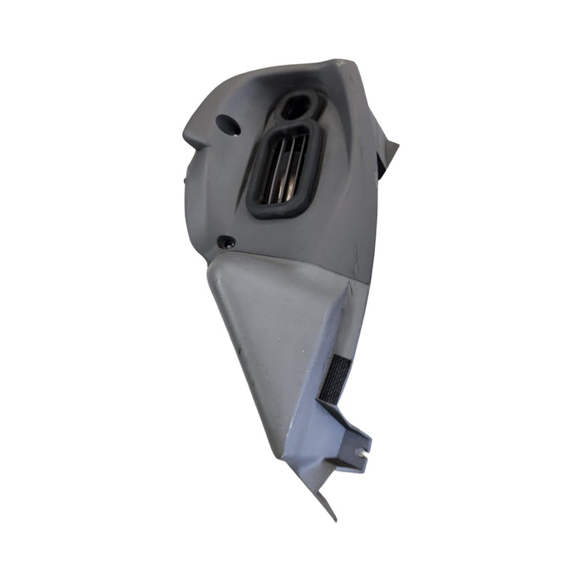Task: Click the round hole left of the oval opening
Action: [227, 126]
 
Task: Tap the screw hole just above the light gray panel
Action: [225, 243]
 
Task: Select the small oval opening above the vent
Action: [298, 106]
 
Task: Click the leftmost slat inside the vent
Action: [269, 170]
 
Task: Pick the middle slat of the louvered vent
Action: [283, 169]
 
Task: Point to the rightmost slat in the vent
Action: [297, 166]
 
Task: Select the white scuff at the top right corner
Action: [343, 62]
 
